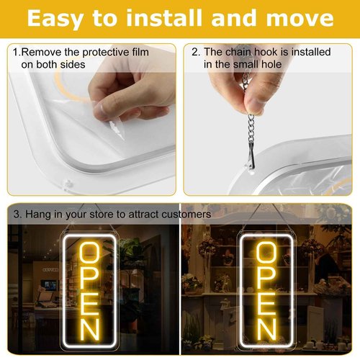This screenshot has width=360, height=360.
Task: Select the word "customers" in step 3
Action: click(x=186, y=215)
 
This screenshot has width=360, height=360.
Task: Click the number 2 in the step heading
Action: click(x=194, y=53)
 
